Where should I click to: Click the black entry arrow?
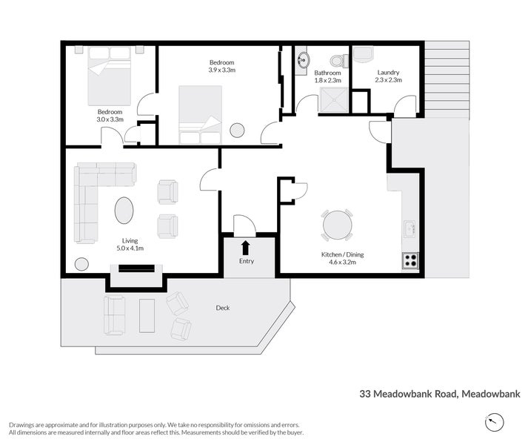coord(246,247)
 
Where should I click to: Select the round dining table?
coord(337,225)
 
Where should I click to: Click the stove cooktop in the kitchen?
coord(410,261)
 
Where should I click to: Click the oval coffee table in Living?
coord(124,210)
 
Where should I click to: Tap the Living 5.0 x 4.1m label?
coord(130,244)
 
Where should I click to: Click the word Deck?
coord(223,307)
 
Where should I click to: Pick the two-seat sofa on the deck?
coord(115,314)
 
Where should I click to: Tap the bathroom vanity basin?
coord(302,62)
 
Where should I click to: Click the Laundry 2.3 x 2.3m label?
coord(388,76)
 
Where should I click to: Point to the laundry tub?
coord(363,53)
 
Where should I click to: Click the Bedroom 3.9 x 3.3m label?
coord(221,66)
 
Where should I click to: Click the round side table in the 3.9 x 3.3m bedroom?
coord(237,130)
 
